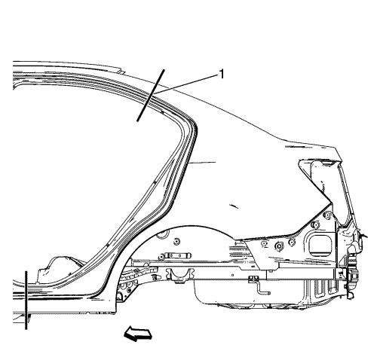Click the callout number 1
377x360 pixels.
pos(222,74)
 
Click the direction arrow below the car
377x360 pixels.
pos(138,334)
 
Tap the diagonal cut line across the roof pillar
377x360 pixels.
pos(151,96)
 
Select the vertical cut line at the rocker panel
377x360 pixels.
pos(26,300)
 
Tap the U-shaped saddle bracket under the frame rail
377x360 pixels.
pos(179,275)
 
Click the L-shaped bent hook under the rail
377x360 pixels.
pos(262,288)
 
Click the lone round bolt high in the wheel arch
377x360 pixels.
pos(176,241)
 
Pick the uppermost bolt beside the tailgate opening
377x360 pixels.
pos(326,215)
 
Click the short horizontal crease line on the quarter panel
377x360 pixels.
pos(203,163)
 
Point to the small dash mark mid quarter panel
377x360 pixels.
pos(234,206)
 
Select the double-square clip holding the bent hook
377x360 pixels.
pos(253,278)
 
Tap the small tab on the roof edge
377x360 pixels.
pos(122,71)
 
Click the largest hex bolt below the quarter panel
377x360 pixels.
pos(279,246)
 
